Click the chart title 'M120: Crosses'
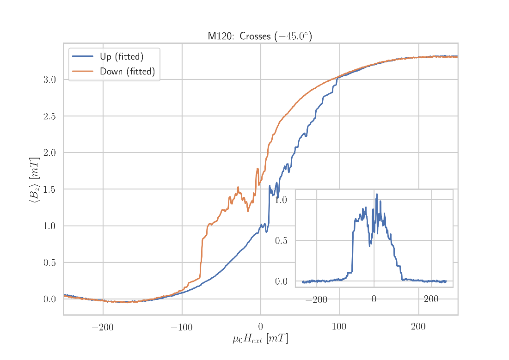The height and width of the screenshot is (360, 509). (259, 36)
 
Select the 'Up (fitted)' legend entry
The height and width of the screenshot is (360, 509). (122, 57)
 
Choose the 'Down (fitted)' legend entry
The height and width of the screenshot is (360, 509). (127, 72)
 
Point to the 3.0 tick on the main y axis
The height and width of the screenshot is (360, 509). (49, 79)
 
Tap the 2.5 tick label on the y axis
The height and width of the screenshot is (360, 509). (49, 116)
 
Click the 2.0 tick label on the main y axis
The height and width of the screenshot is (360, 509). (49, 153)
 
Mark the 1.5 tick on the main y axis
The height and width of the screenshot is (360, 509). (49, 189)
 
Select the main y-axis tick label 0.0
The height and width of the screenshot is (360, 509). (49, 299)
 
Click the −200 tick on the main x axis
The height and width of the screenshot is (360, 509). (103, 328)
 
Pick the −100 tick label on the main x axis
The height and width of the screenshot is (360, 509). (181, 328)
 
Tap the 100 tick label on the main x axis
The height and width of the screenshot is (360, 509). (339, 328)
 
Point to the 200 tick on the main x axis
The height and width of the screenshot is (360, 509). (418, 328)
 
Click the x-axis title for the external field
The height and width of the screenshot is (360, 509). (260, 339)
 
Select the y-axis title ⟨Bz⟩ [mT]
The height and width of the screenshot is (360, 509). (35, 180)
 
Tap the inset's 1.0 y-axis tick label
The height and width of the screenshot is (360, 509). (282, 200)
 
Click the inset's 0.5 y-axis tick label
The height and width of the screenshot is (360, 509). (282, 240)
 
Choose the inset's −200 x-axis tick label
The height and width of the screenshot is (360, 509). (316, 299)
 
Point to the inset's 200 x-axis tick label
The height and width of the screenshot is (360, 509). (431, 299)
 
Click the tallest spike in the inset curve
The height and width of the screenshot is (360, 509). (377, 195)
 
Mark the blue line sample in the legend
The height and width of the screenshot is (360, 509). (83, 56)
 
